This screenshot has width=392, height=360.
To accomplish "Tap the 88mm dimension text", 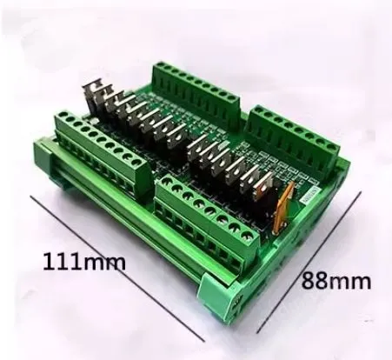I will coord(336,280).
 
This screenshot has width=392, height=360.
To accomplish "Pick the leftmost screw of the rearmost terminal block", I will coord(162,69).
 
